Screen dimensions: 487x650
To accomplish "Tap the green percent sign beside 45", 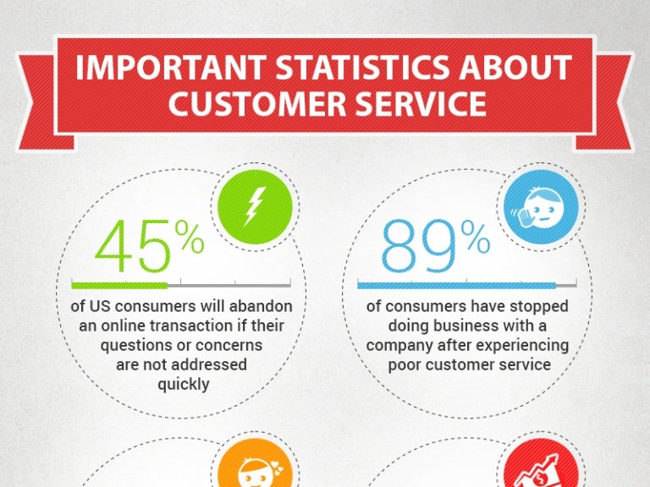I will (x=190, y=240).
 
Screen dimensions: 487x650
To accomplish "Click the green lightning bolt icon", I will (x=254, y=206).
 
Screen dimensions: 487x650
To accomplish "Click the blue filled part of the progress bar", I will (x=457, y=285).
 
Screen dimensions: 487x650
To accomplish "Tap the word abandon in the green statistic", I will (x=262, y=306).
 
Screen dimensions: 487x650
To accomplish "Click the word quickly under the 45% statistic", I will (x=182, y=384).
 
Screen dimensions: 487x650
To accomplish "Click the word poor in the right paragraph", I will (x=404, y=364).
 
